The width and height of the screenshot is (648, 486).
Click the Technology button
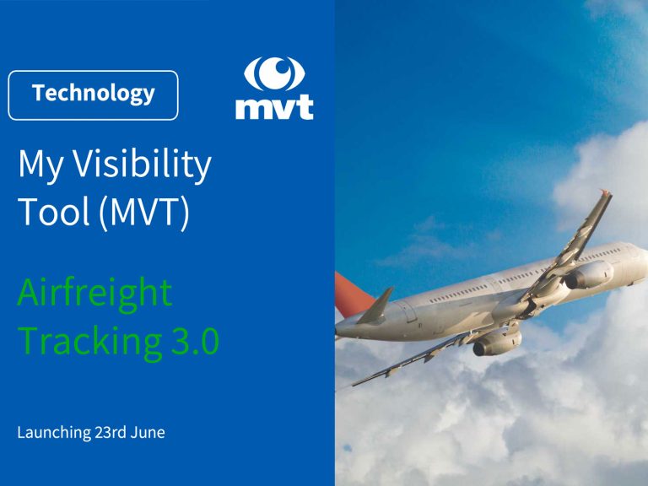click(93, 95)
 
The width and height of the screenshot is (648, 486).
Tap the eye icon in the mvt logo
click(274, 74)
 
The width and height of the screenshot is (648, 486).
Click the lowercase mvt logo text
click(274, 107)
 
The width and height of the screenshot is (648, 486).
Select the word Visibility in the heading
click(142, 164)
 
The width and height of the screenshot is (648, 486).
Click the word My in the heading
click(40, 165)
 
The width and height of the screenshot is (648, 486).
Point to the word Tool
click(54, 211)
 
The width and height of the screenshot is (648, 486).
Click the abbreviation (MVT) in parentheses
click(144, 213)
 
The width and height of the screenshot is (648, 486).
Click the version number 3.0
click(195, 341)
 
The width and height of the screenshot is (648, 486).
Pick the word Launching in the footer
click(54, 433)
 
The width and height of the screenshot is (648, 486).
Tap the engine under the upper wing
click(588, 275)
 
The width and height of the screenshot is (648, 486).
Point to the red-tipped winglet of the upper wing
click(606, 193)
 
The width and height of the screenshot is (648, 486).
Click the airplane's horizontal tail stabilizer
click(375, 306)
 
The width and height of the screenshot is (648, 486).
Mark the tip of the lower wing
click(354, 385)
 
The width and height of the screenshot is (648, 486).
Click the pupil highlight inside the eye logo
click(283, 65)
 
